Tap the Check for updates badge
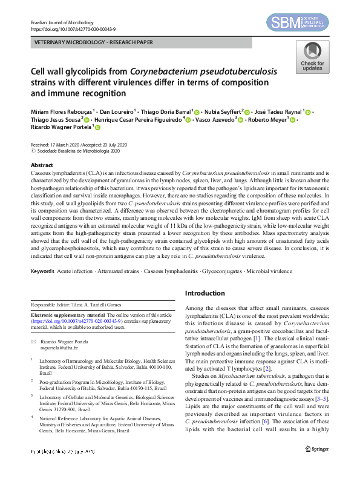pyautogui.click(x=312, y=59)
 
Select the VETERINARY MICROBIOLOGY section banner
pyautogui.click(x=94, y=43)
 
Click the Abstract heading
pyautogui.click(x=42, y=165)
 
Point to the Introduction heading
pyautogui.click(x=205, y=293)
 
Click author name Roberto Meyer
pyautogui.click(x=269, y=120)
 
